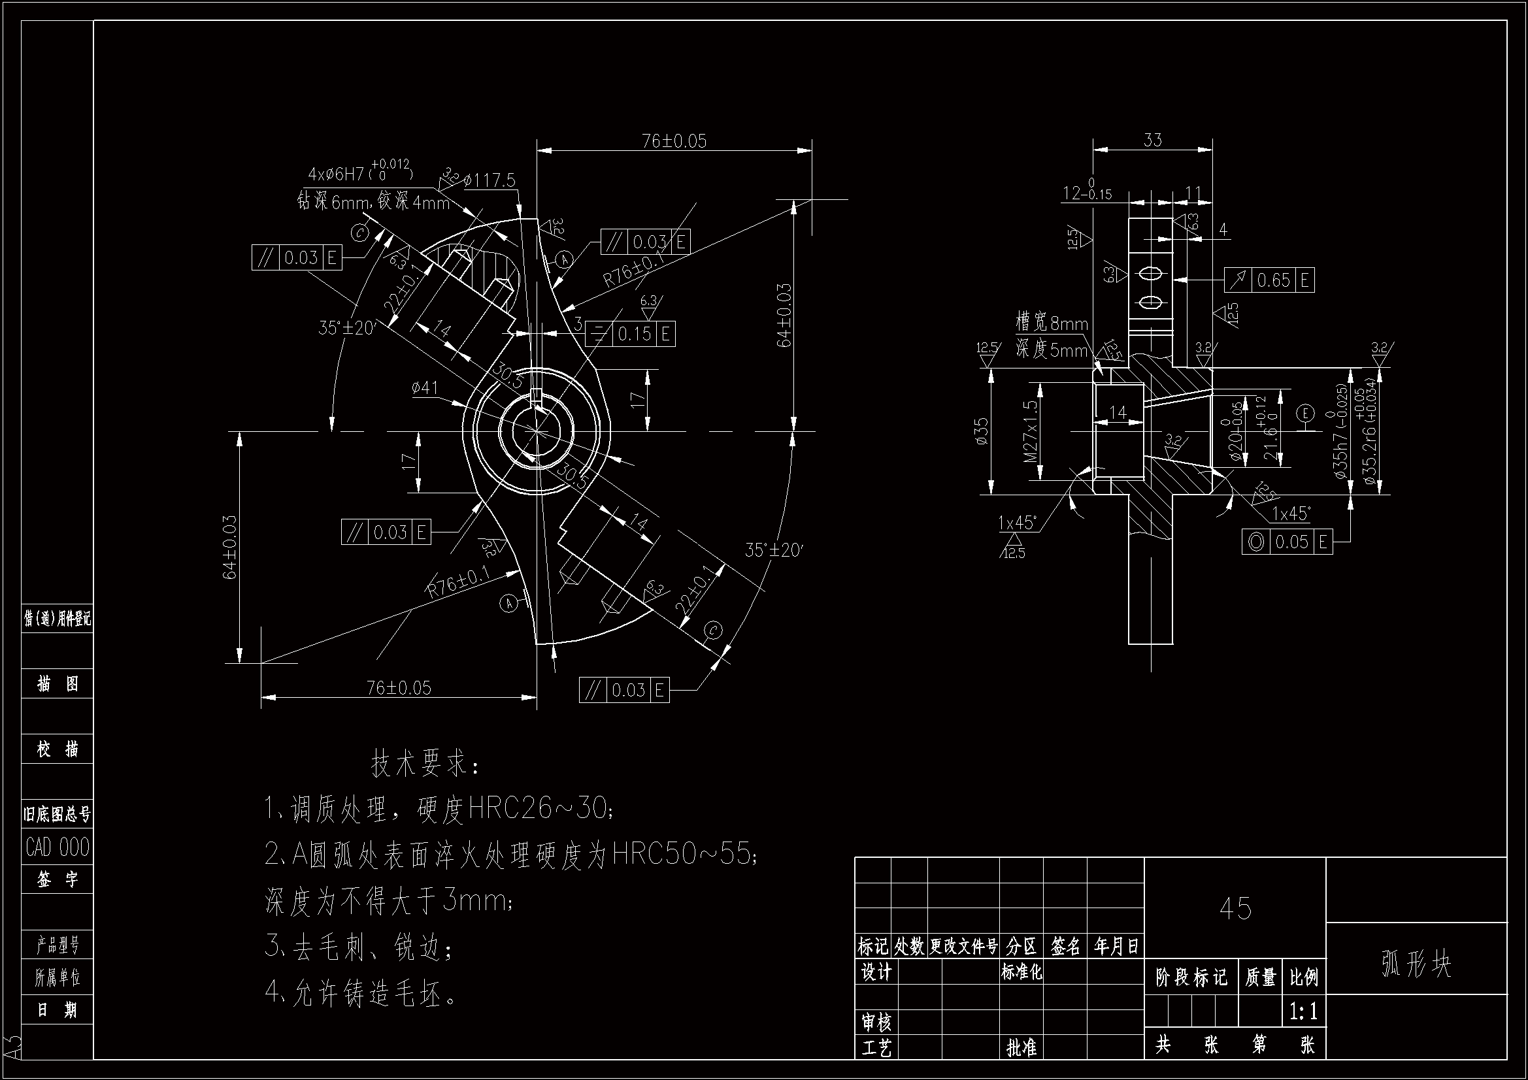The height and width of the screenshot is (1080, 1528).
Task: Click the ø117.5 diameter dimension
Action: [490, 180]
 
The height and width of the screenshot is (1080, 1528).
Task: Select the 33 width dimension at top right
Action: [1153, 140]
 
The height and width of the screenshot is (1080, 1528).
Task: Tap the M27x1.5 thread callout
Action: [1031, 431]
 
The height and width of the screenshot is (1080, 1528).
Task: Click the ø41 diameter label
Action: [425, 387]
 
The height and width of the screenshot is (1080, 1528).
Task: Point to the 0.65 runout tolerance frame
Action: [1269, 280]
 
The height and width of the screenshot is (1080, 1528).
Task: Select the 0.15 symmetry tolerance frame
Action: [630, 333]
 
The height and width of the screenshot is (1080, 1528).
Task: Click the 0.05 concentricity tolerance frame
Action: [1287, 542]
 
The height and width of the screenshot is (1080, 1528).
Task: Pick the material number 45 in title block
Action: [1235, 908]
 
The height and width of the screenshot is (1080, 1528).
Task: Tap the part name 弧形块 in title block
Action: [1416, 964]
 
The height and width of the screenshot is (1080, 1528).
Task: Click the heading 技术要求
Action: [424, 764]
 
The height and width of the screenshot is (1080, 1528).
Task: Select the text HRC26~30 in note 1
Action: [537, 808]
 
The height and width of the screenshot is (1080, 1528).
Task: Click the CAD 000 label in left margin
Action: [58, 847]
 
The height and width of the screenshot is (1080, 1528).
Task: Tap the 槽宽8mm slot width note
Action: [1052, 324]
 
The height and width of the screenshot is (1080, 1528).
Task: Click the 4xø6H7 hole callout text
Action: [359, 174]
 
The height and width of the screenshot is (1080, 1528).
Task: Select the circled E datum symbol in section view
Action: [1305, 413]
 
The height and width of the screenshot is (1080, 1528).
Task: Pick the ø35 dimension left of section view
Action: [981, 431]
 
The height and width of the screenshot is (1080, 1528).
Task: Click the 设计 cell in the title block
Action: [876, 973]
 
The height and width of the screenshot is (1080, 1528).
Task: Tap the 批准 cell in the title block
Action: [1021, 1048]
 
